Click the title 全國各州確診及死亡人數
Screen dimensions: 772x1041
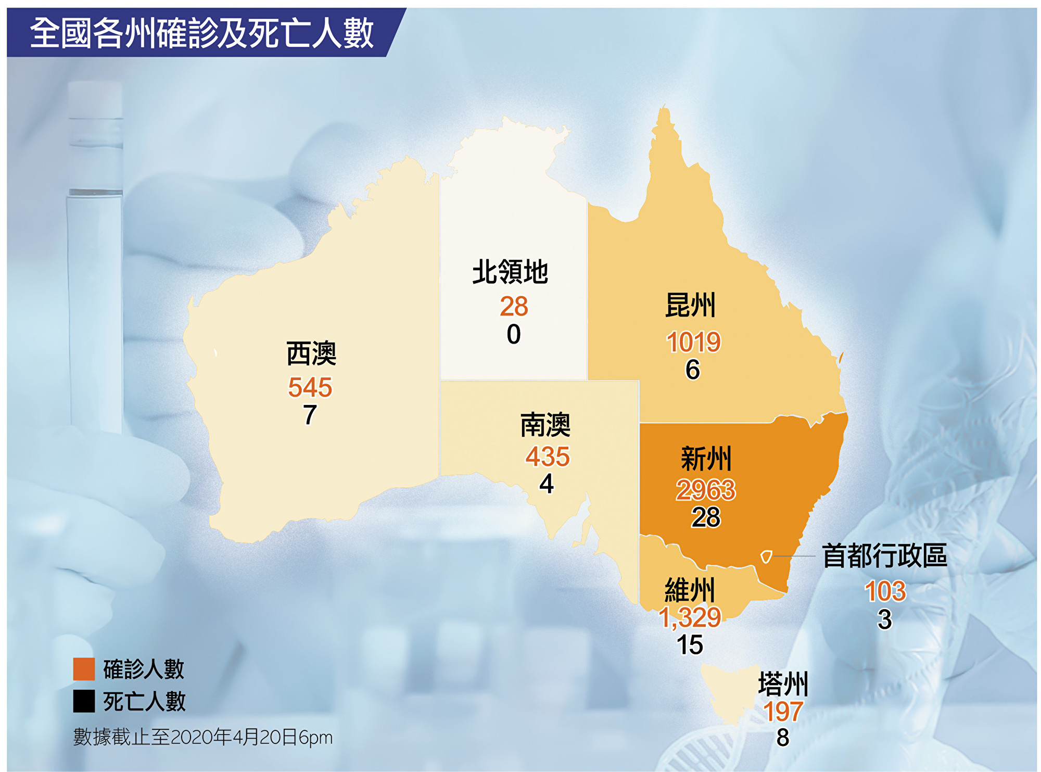pos(202,33)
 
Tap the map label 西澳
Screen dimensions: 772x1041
pos(311,353)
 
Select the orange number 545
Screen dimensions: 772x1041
pos(310,387)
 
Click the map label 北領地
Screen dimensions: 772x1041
pos(510,272)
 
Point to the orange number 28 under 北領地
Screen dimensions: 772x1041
pos(514,306)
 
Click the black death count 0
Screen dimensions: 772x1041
pos(514,334)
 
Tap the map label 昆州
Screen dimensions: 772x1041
pos(691,305)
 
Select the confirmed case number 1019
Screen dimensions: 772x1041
pos(693,342)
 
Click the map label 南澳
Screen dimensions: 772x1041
pos(545,425)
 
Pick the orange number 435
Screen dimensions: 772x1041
pos(547,457)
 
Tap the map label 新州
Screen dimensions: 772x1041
pos(706,459)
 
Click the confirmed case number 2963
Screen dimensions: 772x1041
pos(706,489)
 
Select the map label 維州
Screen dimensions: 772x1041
pos(690,590)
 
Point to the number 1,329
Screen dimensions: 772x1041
pos(690,617)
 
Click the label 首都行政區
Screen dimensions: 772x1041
pos(884,555)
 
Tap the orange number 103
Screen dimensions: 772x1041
pos(885,591)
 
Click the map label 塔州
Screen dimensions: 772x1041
pos(783,684)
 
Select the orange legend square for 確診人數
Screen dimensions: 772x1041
pos(84,669)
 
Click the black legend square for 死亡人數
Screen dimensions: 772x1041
pos(84,701)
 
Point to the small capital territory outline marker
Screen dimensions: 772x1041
pos(766,556)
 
